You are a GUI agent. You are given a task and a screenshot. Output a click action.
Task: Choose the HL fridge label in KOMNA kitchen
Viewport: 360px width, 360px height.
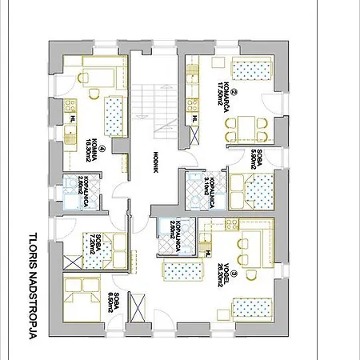74,118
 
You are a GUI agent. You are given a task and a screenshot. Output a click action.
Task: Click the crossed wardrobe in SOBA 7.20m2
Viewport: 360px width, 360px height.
73,262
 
